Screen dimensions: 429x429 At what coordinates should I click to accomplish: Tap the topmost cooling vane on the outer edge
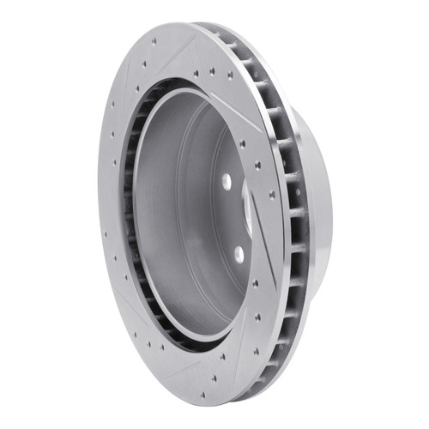pos(225,34)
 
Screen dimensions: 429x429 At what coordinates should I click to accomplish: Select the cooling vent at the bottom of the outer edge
pos(257,378)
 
